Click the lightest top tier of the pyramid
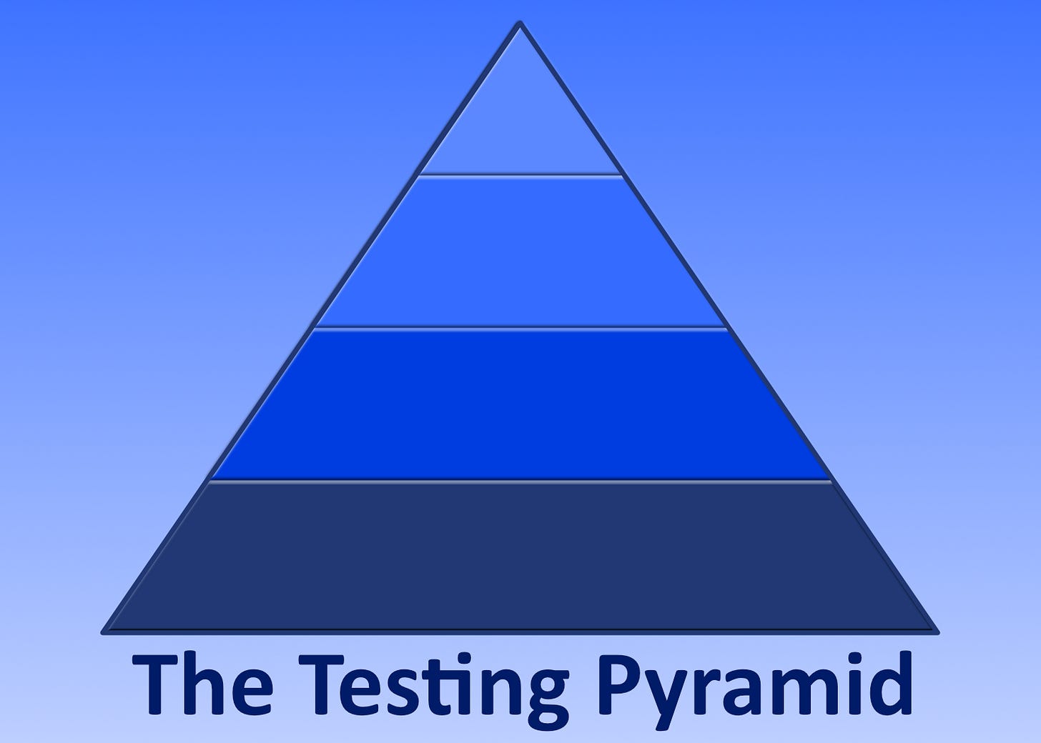[x=520, y=129]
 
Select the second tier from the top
[x=520, y=250]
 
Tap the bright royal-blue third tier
[x=520, y=404]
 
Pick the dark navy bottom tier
[x=520, y=557]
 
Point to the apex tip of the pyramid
[x=520, y=26]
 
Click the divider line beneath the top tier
[x=520, y=174]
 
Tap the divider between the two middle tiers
[x=520, y=328]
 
